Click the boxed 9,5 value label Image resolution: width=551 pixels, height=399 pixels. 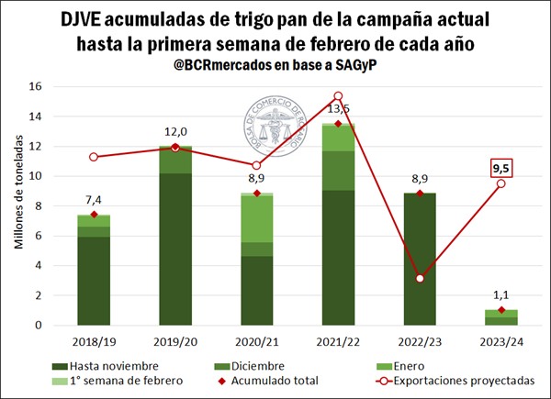(501, 168)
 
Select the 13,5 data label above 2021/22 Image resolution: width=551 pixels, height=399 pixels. (339, 107)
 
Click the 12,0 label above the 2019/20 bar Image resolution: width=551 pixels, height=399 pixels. (175, 130)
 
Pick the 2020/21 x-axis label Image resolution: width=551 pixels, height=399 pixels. (256, 342)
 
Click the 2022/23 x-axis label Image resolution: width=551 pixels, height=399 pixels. (420, 342)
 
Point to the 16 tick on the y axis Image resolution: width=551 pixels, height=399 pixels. (36, 87)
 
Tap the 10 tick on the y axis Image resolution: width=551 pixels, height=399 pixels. (36, 176)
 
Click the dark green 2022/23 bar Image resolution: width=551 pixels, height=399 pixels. (420, 259)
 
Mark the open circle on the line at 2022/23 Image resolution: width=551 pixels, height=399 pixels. (420, 278)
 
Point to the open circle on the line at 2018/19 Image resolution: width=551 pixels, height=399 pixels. (94, 157)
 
